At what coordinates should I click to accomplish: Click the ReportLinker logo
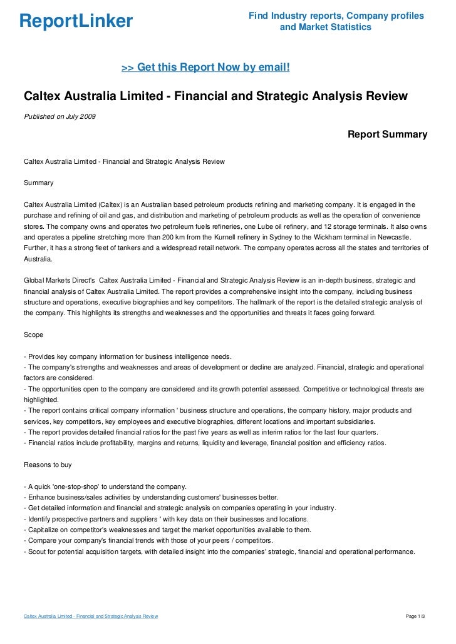point(76,21)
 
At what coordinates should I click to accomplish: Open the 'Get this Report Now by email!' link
point(205,68)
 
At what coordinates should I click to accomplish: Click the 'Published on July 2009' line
point(60,116)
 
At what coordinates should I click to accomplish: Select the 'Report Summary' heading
point(387,134)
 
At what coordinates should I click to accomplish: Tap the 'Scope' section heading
point(33,335)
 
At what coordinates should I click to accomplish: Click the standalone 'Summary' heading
point(38,183)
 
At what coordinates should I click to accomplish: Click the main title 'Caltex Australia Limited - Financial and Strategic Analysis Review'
point(215,96)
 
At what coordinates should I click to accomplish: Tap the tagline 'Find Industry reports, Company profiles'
point(336,16)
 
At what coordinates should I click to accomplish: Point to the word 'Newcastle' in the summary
point(392,237)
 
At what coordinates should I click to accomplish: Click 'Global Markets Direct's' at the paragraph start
point(59,281)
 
